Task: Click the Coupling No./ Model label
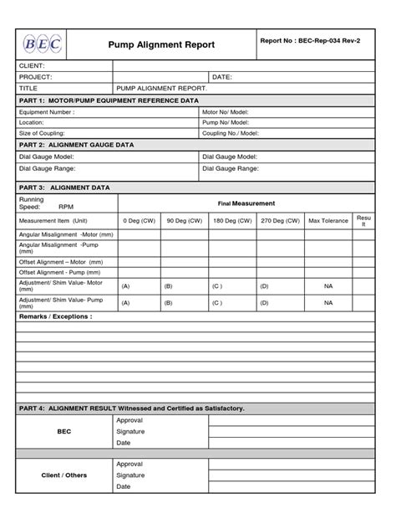[231, 133]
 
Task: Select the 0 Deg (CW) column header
[139, 220]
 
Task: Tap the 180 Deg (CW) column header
[231, 220]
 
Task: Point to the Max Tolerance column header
[328, 220]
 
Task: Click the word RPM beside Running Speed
[66, 208]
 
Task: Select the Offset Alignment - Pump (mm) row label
[61, 273]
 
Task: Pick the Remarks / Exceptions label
[55, 317]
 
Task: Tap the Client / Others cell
[64, 475]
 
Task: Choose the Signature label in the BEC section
[130, 431]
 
